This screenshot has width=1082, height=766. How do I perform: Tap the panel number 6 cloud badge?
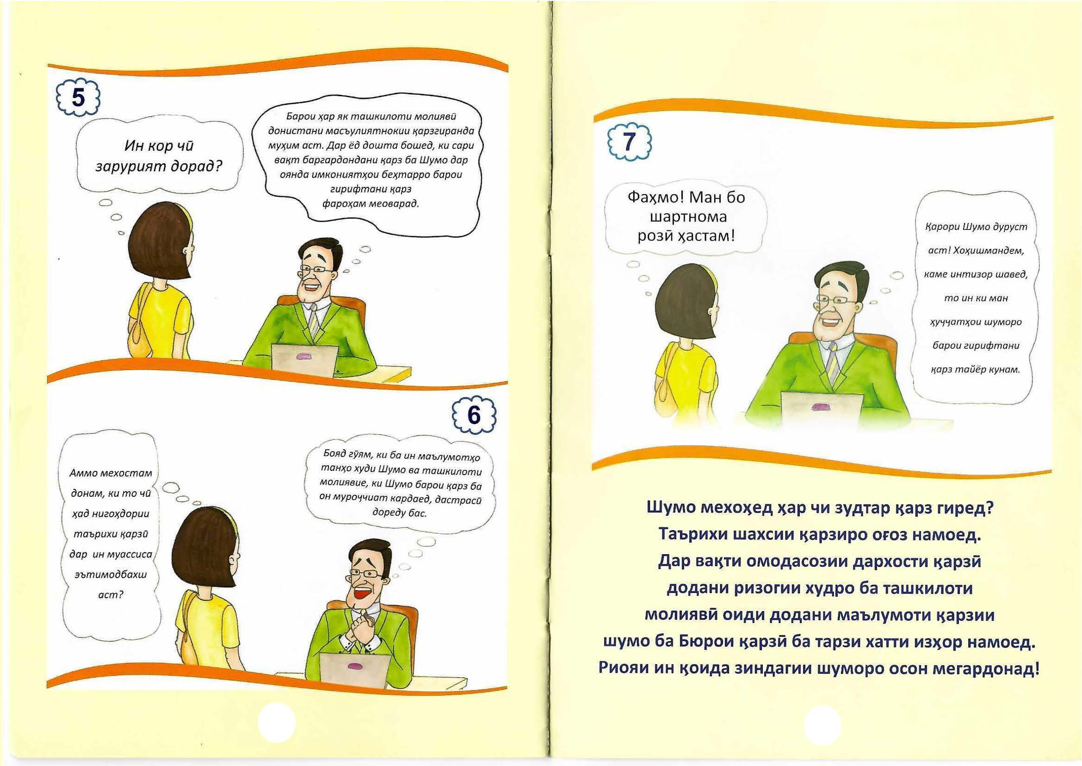(x=474, y=414)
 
